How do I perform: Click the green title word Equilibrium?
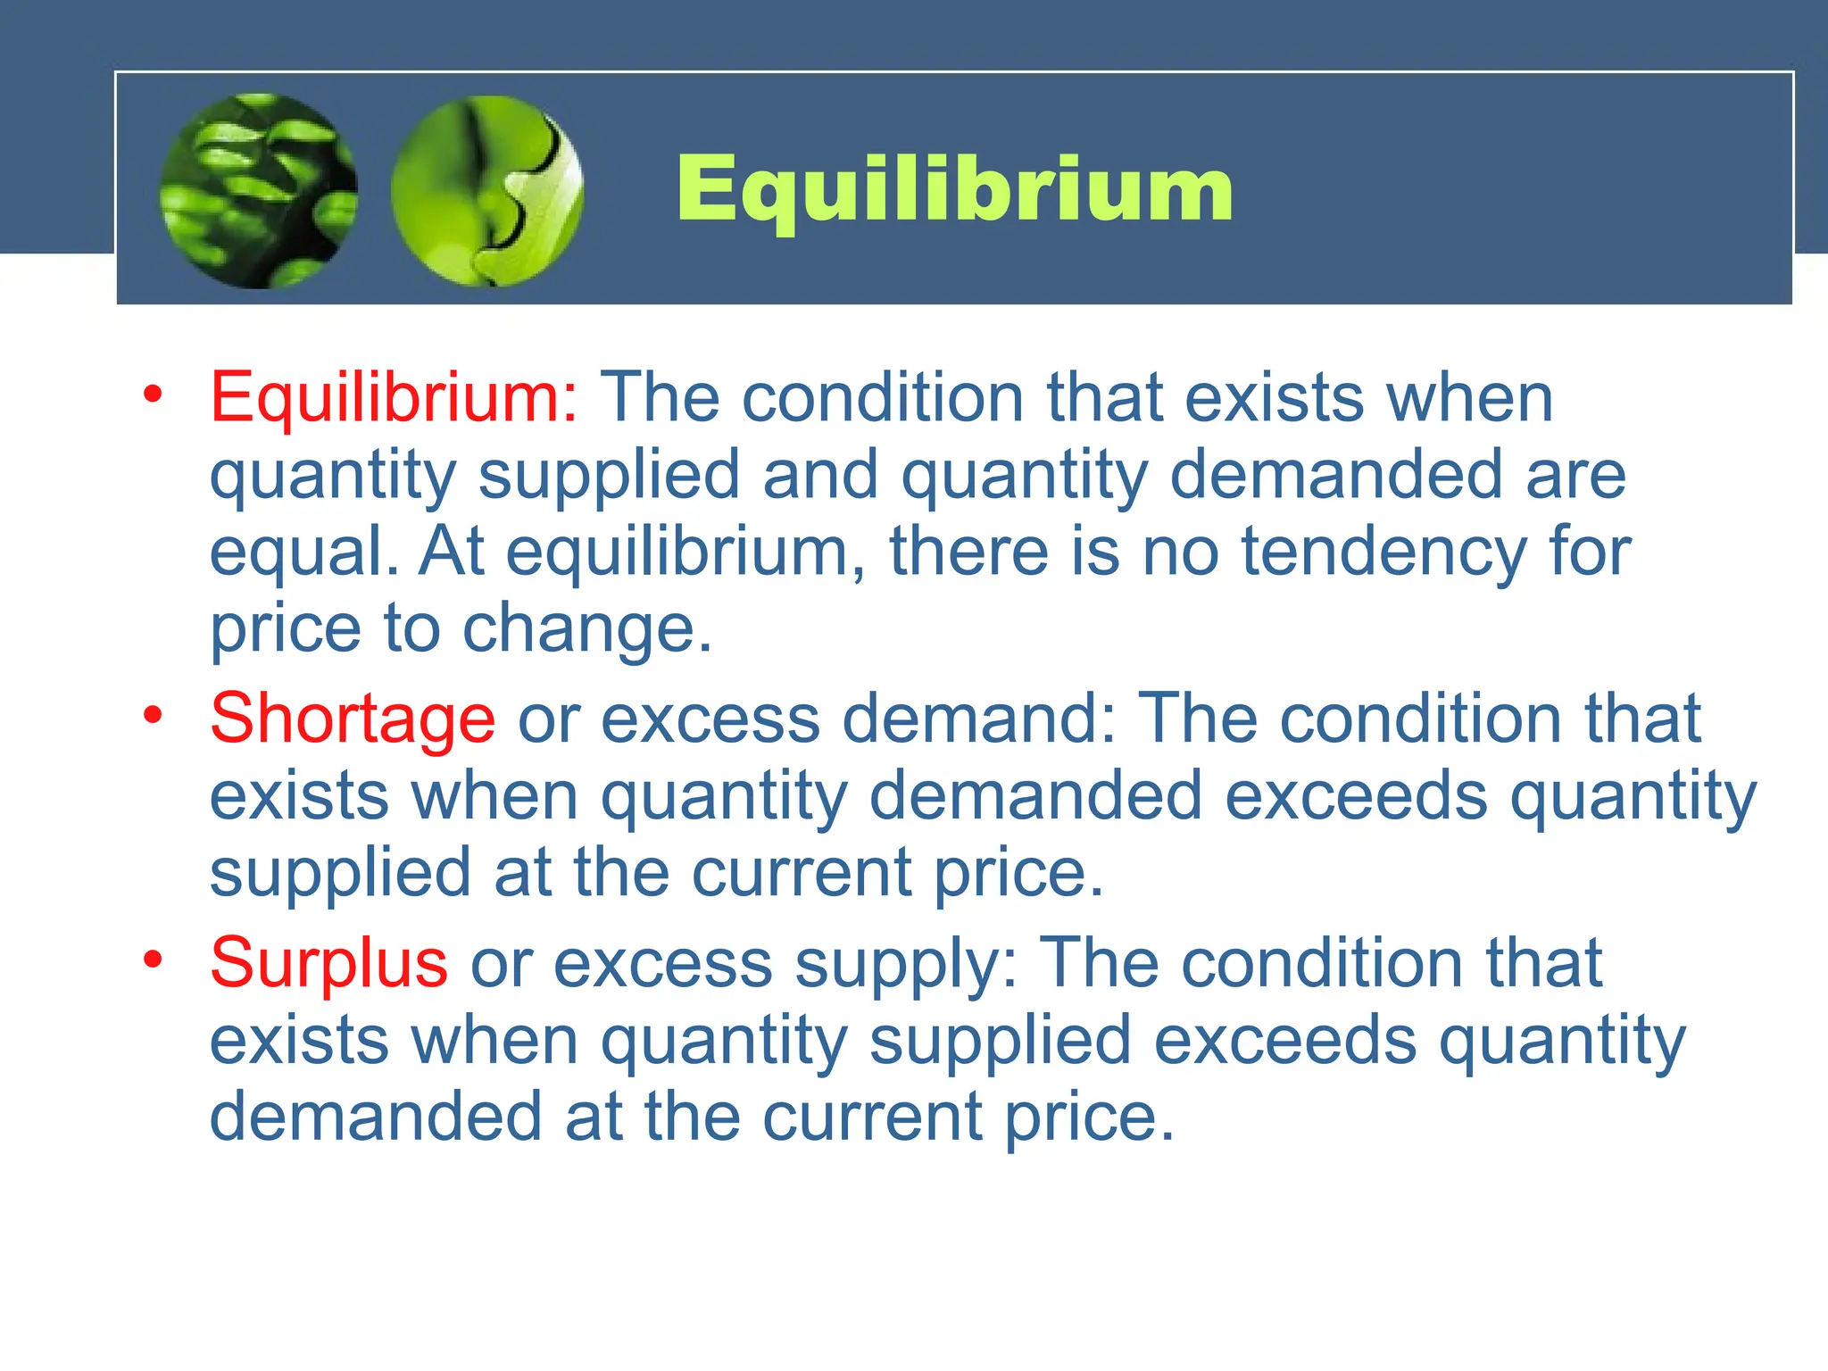954,189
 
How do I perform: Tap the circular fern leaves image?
259,191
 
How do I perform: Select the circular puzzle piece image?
487,191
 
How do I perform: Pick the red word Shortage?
353,719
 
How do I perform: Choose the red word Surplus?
328,963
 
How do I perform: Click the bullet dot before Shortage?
154,715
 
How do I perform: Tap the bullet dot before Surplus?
154,960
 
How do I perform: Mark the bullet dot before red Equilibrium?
154,394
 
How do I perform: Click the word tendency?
1384,553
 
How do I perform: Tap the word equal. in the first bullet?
304,553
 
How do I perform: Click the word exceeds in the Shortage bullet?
1356,796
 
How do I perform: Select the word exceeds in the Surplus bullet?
1285,1041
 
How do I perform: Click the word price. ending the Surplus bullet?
1089,1118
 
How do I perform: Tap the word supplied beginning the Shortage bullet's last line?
340,875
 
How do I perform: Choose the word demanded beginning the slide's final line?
376,1118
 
